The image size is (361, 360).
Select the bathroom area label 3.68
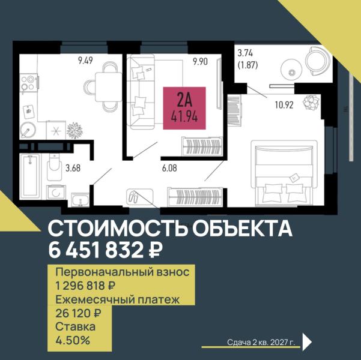[x=73, y=168]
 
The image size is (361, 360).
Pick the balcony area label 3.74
[x=246, y=53]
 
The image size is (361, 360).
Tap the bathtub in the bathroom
[x=29, y=176]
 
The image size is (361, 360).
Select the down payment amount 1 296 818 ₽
[x=85, y=286]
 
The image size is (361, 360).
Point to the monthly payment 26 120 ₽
[x=78, y=313]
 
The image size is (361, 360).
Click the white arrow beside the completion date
[x=306, y=341]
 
